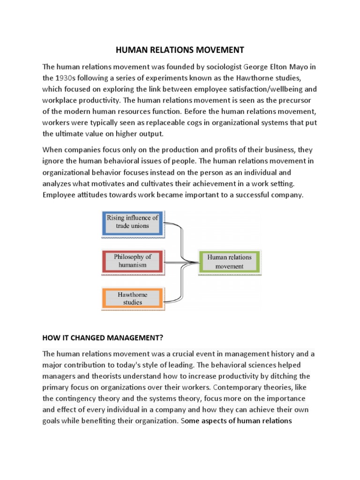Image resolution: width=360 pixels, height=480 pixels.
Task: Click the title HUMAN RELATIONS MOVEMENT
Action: coord(180,49)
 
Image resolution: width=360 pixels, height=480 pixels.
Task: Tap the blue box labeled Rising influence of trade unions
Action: coord(132,222)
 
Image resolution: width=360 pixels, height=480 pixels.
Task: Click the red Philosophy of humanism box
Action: coord(132,261)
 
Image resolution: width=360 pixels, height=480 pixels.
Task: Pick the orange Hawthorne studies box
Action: coord(132,299)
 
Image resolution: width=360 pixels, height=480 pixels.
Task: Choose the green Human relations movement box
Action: coord(229,262)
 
